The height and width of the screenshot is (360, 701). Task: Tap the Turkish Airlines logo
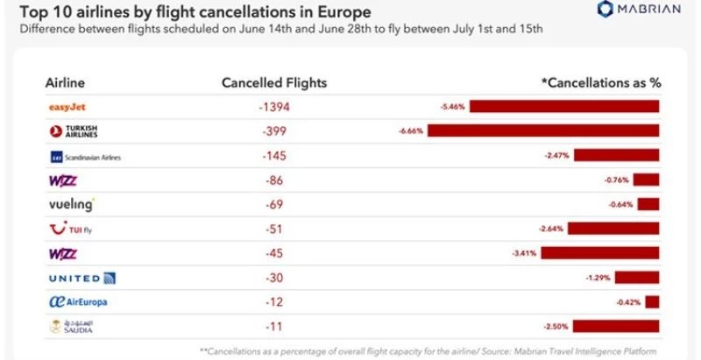pyautogui.click(x=74, y=132)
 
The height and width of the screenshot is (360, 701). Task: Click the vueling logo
pyautogui.click(x=69, y=205)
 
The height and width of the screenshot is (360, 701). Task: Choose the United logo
pyautogui.click(x=81, y=278)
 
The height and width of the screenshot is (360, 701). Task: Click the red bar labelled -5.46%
pyautogui.click(x=566, y=107)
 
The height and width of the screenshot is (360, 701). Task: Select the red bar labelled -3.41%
pyautogui.click(x=600, y=253)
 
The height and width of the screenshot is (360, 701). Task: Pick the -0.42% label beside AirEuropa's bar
pyautogui.click(x=628, y=302)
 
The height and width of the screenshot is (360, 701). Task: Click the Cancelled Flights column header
pyautogui.click(x=273, y=82)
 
